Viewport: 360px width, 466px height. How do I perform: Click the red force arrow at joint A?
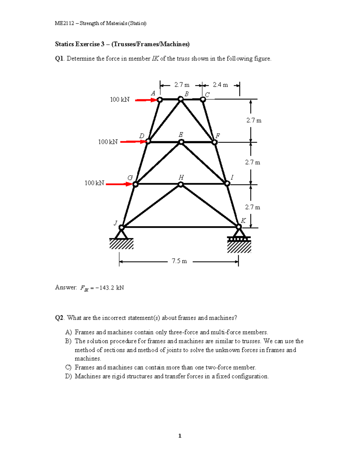[146, 100]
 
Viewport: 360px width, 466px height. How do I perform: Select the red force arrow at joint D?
[133, 142]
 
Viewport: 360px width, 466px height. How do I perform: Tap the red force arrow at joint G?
[119, 184]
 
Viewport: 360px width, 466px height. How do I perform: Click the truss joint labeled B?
[181, 99]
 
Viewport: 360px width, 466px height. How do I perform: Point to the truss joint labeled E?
[181, 142]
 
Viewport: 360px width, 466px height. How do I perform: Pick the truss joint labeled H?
[181, 185]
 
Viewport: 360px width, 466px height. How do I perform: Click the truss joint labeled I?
[227, 183]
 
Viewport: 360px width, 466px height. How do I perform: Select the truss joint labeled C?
[203, 99]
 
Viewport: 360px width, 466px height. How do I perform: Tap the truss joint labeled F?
[214, 142]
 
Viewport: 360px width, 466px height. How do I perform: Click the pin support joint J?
[121, 228]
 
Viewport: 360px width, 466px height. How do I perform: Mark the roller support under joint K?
[239, 239]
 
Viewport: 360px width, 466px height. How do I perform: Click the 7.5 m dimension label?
[179, 261]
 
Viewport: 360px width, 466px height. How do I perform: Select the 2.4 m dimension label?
[220, 85]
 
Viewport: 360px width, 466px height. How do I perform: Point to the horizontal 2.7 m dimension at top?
[182, 85]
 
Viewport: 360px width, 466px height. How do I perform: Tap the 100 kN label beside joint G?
[94, 183]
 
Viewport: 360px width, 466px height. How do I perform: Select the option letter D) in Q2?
[68, 376]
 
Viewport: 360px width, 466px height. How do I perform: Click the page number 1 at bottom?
[180, 436]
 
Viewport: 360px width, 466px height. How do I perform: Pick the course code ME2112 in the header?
[64, 23]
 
